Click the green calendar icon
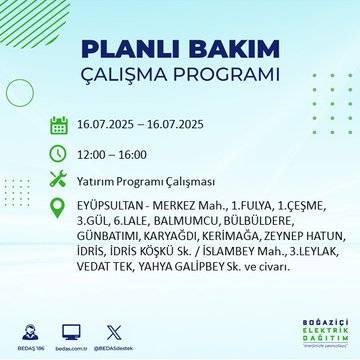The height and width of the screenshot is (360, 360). pos(59,126)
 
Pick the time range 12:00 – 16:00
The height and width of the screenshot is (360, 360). pos(112,154)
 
